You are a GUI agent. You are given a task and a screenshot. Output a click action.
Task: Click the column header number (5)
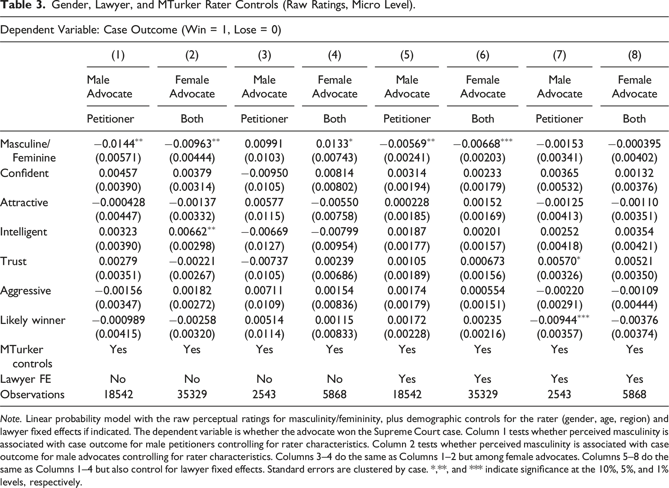(x=407, y=55)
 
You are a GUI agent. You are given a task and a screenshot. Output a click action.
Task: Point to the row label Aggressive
(x=26, y=291)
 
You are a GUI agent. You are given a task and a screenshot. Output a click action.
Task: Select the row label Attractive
(x=24, y=202)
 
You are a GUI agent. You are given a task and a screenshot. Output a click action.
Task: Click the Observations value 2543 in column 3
(x=264, y=394)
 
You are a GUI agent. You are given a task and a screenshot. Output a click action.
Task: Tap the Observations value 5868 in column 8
(x=634, y=394)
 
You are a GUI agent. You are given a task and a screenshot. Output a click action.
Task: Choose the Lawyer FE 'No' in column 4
(x=334, y=379)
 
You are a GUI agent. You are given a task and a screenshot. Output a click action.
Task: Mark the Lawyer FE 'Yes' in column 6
(x=483, y=379)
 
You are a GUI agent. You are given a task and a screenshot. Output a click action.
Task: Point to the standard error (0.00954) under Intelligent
(x=334, y=246)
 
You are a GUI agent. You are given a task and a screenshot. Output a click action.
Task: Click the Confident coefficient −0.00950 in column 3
(x=264, y=173)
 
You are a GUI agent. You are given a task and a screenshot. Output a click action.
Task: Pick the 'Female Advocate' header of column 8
(x=634, y=87)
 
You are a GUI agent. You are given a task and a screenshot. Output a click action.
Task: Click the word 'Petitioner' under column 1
(x=110, y=119)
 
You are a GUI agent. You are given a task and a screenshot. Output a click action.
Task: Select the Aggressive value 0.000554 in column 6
(x=483, y=291)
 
